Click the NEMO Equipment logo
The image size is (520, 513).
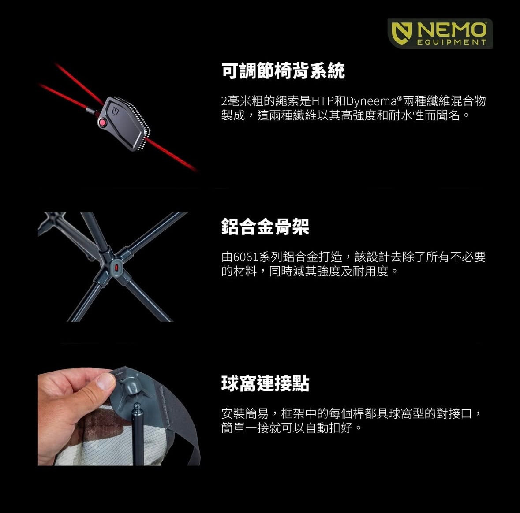(440, 33)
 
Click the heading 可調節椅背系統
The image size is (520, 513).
(283, 71)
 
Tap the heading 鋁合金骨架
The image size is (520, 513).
(265, 227)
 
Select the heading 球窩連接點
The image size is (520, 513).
(265, 383)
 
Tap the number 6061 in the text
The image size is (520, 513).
(245, 257)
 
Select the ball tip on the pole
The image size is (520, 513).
(136, 408)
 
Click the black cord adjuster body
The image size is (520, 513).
(123, 123)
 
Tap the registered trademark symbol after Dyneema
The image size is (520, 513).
(400, 98)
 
